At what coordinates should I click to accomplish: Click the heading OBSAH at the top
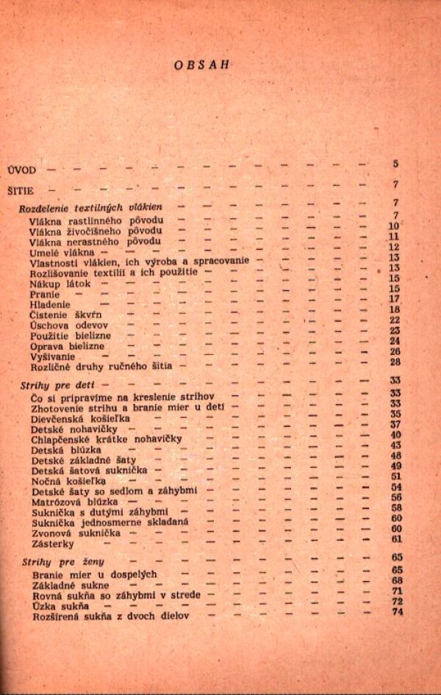pos(203,65)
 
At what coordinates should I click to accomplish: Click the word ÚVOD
pos(22,169)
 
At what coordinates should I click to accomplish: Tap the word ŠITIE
pos(21,190)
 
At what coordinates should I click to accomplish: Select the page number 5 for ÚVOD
pos(395,164)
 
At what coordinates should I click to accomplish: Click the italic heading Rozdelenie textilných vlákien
pos(90,209)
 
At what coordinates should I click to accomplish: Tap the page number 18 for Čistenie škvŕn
pos(394,309)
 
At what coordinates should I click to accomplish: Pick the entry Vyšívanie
pos(52,356)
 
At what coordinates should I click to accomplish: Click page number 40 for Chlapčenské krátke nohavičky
pos(395,434)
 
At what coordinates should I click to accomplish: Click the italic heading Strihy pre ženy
pos(63,563)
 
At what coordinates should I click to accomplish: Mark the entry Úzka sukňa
pos(61,606)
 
